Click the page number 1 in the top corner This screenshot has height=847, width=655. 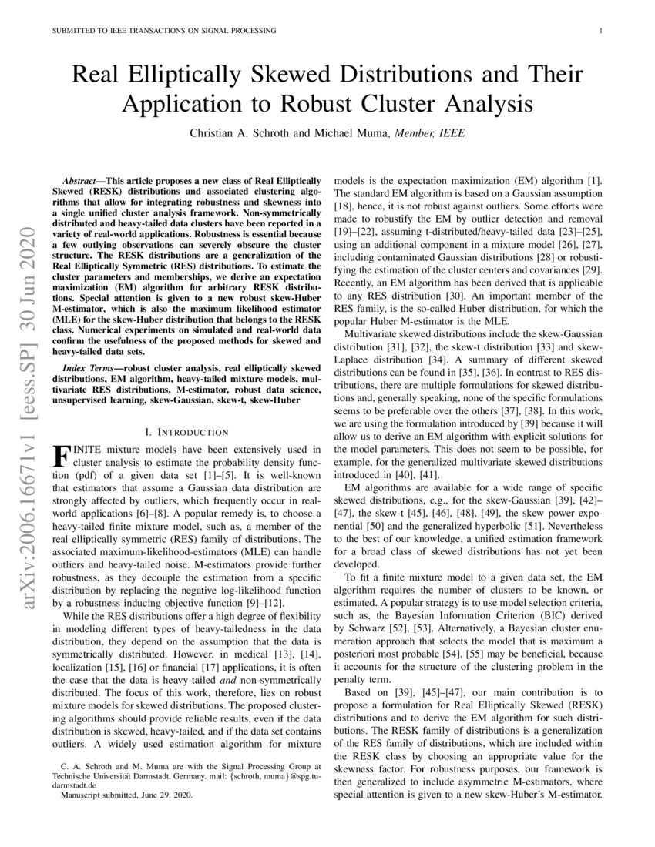pos(599,31)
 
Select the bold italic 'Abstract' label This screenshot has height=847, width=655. pos(82,177)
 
